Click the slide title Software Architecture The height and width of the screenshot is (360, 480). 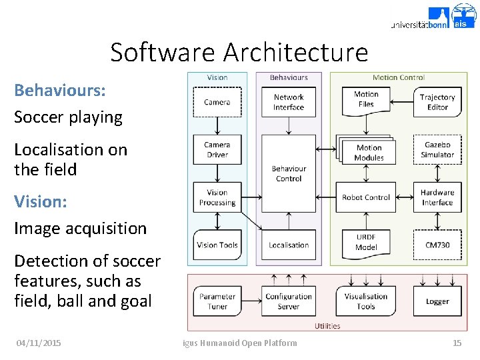pos(239,52)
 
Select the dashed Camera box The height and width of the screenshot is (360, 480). pos(217,102)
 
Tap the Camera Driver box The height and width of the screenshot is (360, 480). pos(217,149)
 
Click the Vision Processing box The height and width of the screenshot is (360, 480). pos(217,197)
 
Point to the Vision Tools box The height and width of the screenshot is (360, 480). pos(217,245)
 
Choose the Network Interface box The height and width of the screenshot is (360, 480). pos(289,102)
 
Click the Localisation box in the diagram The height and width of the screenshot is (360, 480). pos(289,245)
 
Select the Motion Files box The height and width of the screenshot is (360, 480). pos(366,99)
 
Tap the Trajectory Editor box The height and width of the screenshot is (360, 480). pos(437,102)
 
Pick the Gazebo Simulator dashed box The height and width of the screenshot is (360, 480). pos(437,149)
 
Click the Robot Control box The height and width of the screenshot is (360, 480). pos(366,197)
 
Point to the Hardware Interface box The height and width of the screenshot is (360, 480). pos(437,197)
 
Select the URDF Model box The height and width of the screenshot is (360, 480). pos(366,242)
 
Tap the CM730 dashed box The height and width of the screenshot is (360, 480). pos(437,245)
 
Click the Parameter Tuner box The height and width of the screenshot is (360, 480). pos(217,301)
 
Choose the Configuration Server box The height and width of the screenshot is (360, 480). pos(289,301)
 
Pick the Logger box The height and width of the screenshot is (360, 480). pos(437,301)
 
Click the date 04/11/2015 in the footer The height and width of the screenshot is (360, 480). pos(39,343)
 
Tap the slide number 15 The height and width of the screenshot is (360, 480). pos(457,343)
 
